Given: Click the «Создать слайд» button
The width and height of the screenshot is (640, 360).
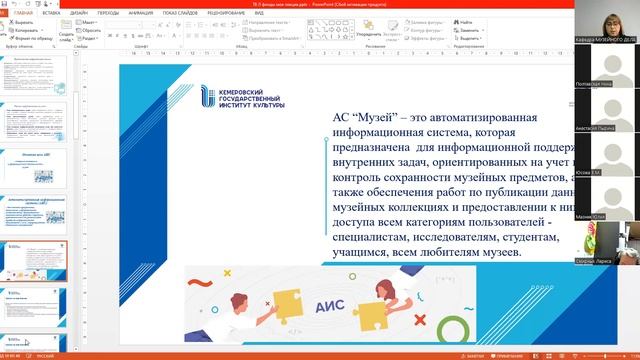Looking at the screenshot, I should point(65,31).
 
